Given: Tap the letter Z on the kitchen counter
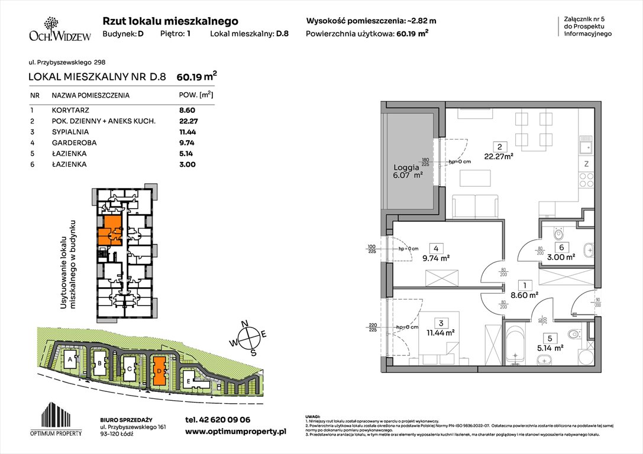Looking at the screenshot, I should coord(586,164).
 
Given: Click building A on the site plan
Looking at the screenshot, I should coord(70,359).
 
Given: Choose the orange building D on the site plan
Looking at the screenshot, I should coord(159,371).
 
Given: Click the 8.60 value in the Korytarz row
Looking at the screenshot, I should coord(187,110).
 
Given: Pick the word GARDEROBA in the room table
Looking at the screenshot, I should coord(74,142).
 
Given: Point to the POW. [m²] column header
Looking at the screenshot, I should coord(196,95).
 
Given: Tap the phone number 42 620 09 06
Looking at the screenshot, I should coord(218,420).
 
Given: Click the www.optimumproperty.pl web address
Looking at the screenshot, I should coord(235,432).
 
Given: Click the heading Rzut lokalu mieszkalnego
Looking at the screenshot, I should coord(170,21).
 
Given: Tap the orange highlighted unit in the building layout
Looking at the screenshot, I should coord(110,230).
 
